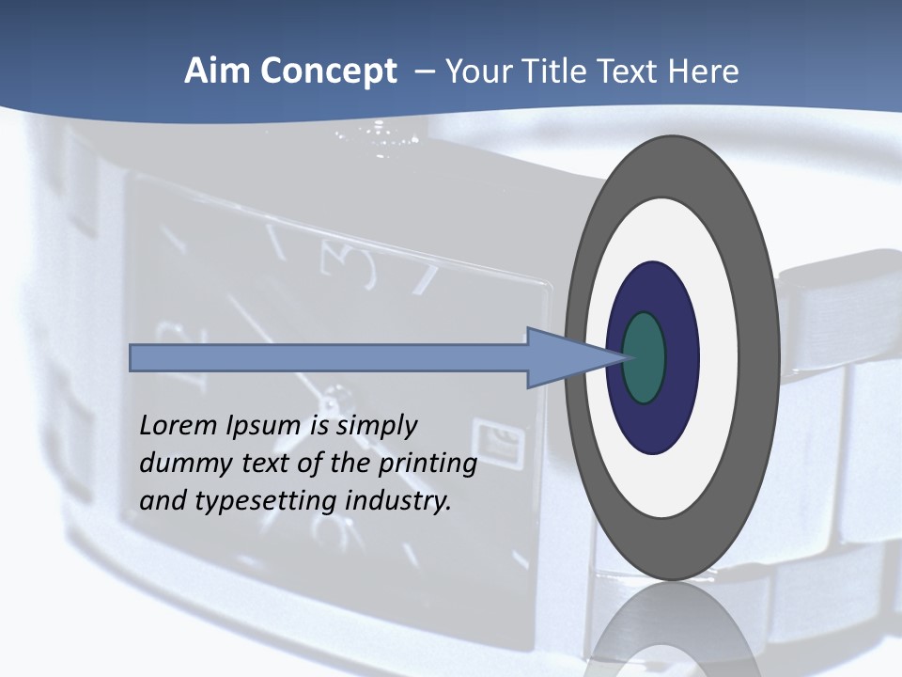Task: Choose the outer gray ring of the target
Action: (673, 165)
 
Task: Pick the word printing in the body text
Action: (428, 464)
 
